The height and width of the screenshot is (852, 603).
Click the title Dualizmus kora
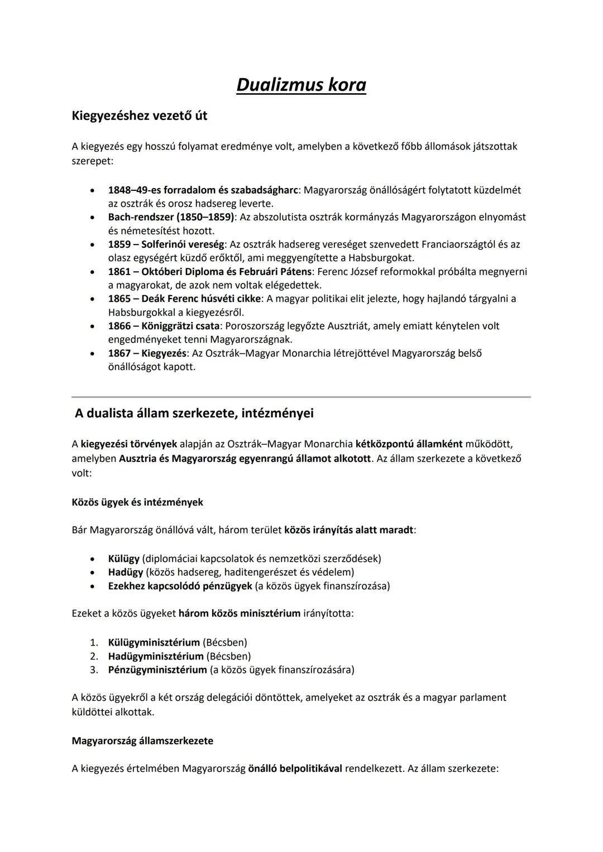pos(301,85)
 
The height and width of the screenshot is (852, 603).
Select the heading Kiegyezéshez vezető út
pos(140,116)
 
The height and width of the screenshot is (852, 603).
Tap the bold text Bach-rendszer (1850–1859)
pos(171,217)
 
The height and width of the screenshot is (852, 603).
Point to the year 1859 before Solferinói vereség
pos(119,244)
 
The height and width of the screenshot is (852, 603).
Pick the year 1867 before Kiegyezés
pos(119,353)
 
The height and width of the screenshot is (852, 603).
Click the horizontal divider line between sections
pos(301,397)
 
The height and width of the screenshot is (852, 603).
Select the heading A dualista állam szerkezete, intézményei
pos(194,413)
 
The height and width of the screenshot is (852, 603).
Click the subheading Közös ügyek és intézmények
pos(137,502)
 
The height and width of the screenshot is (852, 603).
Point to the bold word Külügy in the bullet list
pos(124,559)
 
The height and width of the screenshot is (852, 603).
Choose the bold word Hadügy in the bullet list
pos(125,572)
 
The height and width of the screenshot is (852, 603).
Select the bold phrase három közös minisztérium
pos(239,614)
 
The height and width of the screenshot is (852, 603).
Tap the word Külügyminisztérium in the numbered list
pos(154,642)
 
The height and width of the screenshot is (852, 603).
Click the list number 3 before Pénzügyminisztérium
pos(94,670)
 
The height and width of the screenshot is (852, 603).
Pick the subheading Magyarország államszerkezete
pos(142,741)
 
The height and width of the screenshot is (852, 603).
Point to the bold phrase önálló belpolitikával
pos(295,769)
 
